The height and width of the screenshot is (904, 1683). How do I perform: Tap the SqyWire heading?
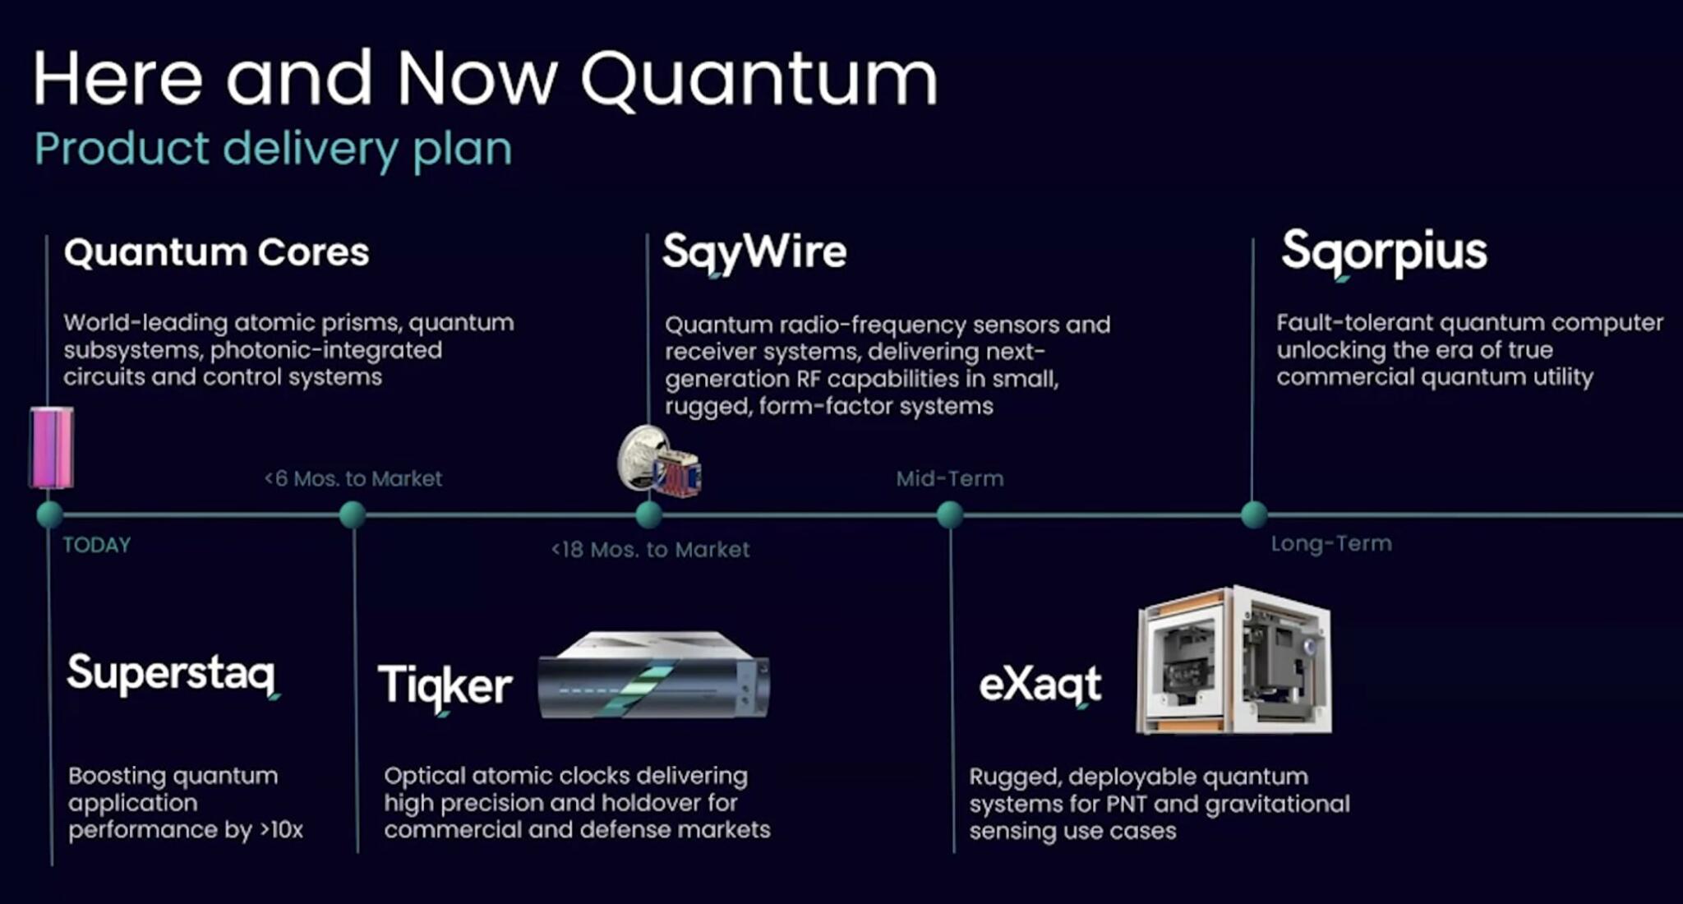coord(754,251)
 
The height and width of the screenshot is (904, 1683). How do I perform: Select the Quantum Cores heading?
coord(216,251)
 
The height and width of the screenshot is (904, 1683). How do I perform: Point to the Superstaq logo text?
coord(172,674)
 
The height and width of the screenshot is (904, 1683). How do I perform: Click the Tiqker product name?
coord(445,685)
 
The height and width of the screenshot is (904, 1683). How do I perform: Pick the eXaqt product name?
coord(1040,684)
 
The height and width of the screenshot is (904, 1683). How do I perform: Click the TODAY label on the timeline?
coord(97,545)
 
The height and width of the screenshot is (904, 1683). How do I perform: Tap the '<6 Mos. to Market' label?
coord(353,478)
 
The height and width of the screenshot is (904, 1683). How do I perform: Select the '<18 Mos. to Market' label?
coord(650,549)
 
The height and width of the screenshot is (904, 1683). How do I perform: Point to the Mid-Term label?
coord(949,478)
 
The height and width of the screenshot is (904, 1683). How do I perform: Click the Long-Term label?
coord(1331,543)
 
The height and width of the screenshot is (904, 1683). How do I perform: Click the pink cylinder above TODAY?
coord(52,448)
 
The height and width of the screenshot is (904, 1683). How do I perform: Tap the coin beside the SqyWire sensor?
coord(638,458)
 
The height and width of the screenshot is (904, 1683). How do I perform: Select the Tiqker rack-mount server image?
coord(654,676)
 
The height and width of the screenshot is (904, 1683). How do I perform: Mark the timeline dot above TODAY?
coord(49,514)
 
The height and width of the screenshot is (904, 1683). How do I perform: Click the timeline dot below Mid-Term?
coord(949,514)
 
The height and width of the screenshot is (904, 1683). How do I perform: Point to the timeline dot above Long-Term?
coord(1253,514)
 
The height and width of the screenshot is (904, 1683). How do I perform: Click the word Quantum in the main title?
coord(759,80)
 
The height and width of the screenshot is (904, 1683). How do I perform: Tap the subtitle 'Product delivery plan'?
coord(273,149)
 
